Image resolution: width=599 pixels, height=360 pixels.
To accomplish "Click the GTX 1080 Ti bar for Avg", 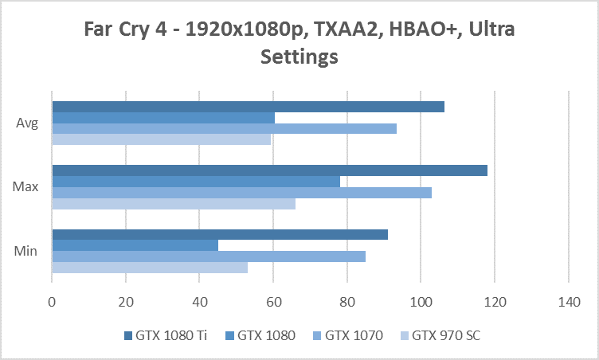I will click(x=248, y=107).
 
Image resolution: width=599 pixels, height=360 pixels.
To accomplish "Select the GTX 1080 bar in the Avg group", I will click(x=163, y=118).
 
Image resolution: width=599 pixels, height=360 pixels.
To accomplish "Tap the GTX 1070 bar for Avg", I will click(x=224, y=128).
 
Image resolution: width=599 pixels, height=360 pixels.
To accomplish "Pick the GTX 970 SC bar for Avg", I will click(x=161, y=139).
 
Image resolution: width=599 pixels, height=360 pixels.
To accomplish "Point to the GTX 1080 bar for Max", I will click(x=196, y=182).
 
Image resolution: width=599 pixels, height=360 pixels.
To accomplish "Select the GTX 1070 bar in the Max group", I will click(x=241, y=193).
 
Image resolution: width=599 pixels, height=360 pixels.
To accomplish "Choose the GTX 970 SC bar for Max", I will click(x=174, y=203).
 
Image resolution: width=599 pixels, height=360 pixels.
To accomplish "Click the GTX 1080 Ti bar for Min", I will click(x=220, y=234).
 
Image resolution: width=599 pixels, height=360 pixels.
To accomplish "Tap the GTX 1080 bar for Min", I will click(x=135, y=245).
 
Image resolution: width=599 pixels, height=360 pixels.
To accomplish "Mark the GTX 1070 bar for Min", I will click(x=209, y=256).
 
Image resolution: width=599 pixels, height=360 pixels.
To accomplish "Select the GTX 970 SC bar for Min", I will click(x=150, y=268).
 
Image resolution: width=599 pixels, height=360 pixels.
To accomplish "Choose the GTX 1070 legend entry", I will click(x=351, y=335).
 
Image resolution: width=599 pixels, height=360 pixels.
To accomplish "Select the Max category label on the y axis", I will click(x=23, y=187).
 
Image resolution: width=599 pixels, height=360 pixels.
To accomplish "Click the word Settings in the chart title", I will click(x=299, y=57).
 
